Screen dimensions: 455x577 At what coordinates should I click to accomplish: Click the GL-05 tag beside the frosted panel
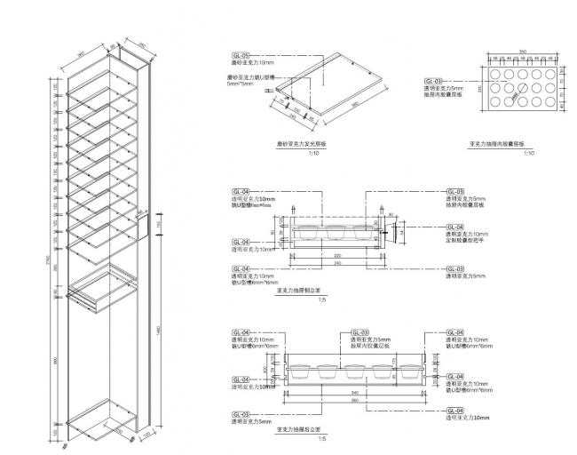coord(241,55)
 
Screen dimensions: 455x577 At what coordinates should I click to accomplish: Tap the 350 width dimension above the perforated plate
coord(523,52)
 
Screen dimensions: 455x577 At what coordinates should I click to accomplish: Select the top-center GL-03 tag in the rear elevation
coord(360,331)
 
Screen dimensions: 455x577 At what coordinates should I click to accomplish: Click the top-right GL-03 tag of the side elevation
coord(454,190)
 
